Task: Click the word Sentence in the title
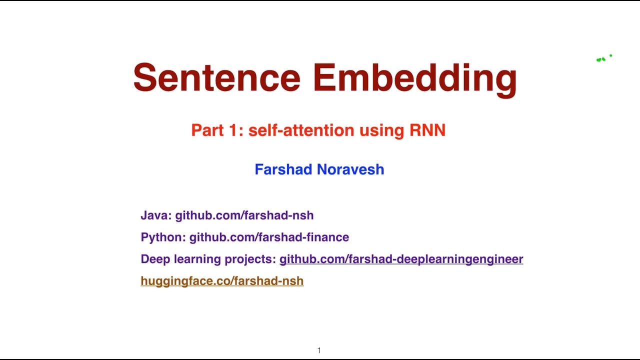point(216,78)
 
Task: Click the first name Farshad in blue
point(283,169)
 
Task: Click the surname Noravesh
point(350,169)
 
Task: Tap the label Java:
point(156,215)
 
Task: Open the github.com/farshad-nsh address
point(244,215)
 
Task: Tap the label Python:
point(163,237)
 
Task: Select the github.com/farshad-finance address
point(269,237)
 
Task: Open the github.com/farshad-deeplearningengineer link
point(401,259)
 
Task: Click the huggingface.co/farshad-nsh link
point(222,281)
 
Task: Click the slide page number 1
point(319,350)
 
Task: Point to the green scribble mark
point(601,59)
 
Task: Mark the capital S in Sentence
point(144,78)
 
